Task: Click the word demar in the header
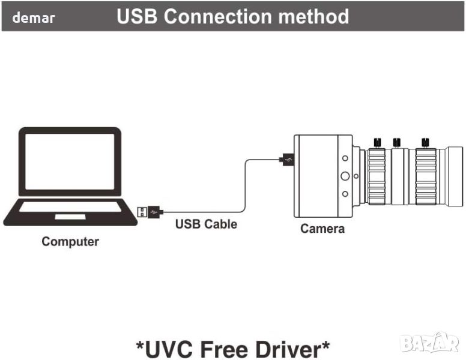click(34, 18)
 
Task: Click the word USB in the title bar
click(138, 17)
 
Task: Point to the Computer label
click(70, 242)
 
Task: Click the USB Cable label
click(206, 224)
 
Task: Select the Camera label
click(322, 228)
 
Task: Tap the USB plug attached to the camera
click(287, 160)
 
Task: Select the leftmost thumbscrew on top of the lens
click(377, 142)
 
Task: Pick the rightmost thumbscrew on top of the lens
click(426, 142)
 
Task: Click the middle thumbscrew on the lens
click(396, 142)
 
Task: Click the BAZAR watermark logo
click(430, 343)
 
